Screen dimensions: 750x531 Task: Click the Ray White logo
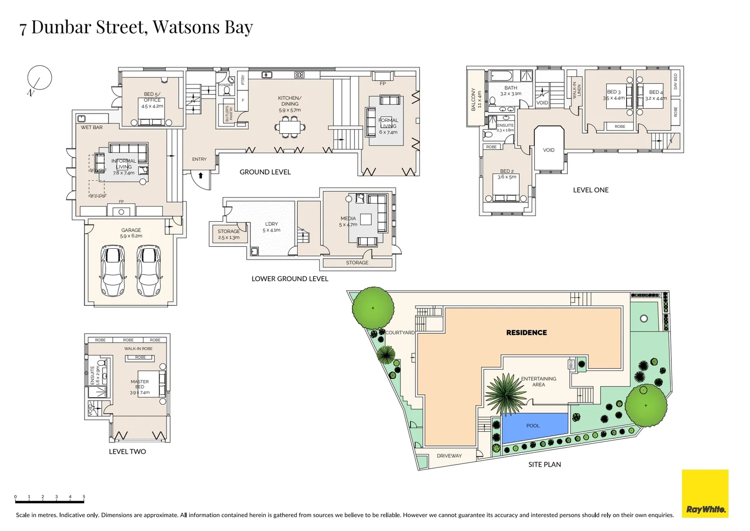tap(705, 494)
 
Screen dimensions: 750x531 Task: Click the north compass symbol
tap(39, 79)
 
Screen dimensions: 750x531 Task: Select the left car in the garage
tap(112, 271)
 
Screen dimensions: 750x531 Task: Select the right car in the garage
tap(149, 271)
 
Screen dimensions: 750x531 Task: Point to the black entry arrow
tap(200, 176)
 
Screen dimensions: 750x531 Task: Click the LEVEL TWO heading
tap(127, 452)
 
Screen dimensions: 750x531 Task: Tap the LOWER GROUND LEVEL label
tap(290, 279)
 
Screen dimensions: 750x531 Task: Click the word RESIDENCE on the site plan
tap(527, 333)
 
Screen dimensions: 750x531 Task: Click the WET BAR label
tap(92, 127)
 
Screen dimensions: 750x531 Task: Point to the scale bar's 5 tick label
tap(84, 497)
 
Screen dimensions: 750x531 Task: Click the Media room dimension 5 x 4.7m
tap(348, 225)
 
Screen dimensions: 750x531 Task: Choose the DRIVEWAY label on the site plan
tap(449, 456)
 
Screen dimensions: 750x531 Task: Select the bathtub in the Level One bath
tap(501, 76)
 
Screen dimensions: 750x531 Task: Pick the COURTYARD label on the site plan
tap(400, 333)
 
